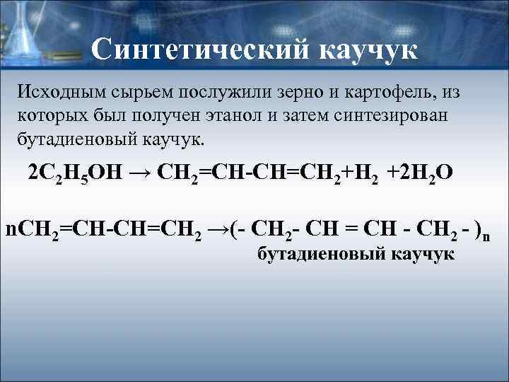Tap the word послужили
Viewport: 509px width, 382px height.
point(228,92)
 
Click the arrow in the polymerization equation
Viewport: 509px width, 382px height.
point(221,228)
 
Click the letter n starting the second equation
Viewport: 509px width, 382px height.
point(9,229)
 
